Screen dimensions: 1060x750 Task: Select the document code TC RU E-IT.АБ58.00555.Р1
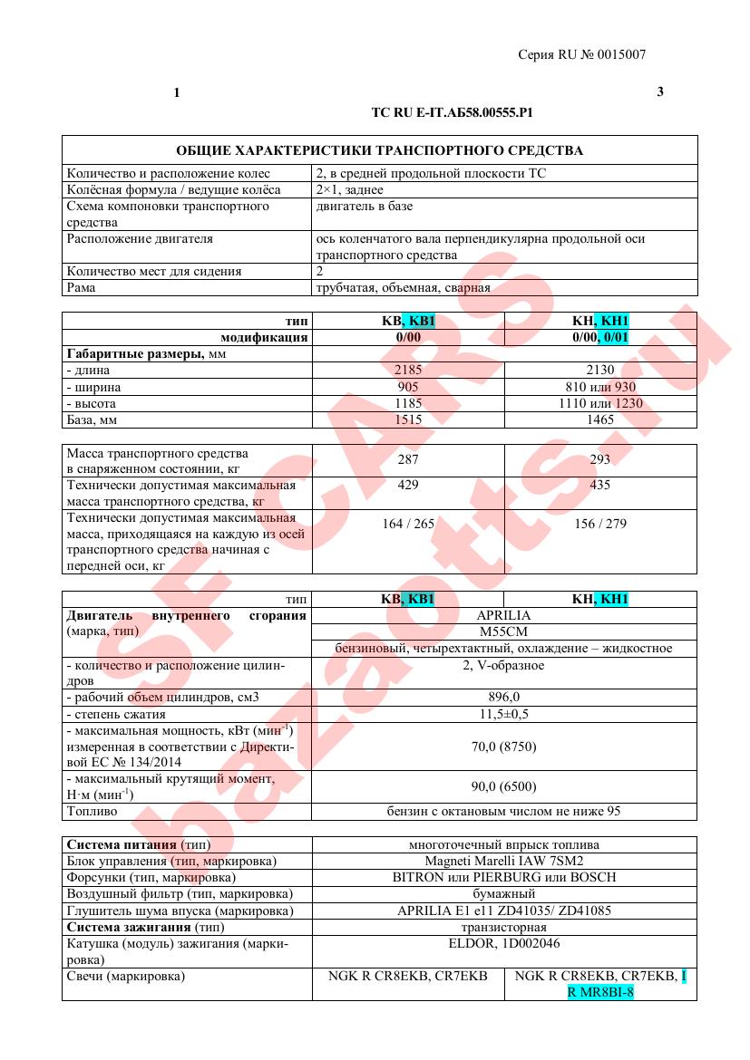(x=451, y=113)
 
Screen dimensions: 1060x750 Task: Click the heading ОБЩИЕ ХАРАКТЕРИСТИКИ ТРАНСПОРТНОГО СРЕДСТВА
(x=379, y=150)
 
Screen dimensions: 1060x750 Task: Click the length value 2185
(x=407, y=370)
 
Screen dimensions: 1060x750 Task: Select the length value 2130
(x=599, y=370)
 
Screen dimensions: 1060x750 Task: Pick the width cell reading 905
(x=407, y=387)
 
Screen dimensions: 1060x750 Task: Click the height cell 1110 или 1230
(x=599, y=403)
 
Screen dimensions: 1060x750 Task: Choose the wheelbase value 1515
(x=407, y=419)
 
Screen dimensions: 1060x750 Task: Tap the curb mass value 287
(x=407, y=459)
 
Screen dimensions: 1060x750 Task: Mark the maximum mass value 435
(x=599, y=486)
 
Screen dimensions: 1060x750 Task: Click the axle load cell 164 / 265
(x=407, y=524)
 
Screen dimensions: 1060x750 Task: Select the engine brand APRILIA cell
(x=503, y=615)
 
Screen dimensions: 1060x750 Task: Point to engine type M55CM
(x=503, y=631)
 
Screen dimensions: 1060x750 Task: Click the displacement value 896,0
(x=503, y=697)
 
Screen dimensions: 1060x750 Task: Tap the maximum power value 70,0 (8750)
(x=503, y=747)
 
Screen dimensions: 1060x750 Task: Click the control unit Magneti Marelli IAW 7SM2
(x=503, y=861)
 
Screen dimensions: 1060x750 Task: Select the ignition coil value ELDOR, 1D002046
(x=503, y=943)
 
